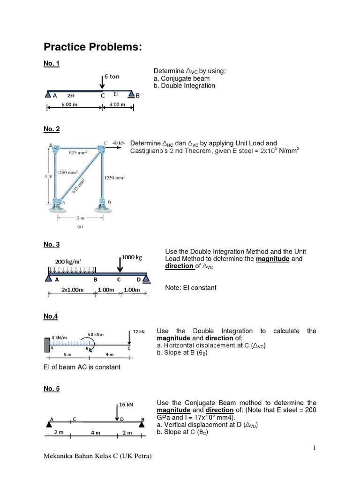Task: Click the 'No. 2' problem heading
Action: point(52,129)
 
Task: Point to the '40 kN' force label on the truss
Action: point(119,142)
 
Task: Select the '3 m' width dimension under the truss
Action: point(81,217)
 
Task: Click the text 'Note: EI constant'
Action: point(191,287)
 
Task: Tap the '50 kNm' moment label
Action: point(96,334)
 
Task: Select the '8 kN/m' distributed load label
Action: point(60,337)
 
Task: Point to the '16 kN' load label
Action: point(127,404)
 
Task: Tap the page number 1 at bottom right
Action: point(315,449)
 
